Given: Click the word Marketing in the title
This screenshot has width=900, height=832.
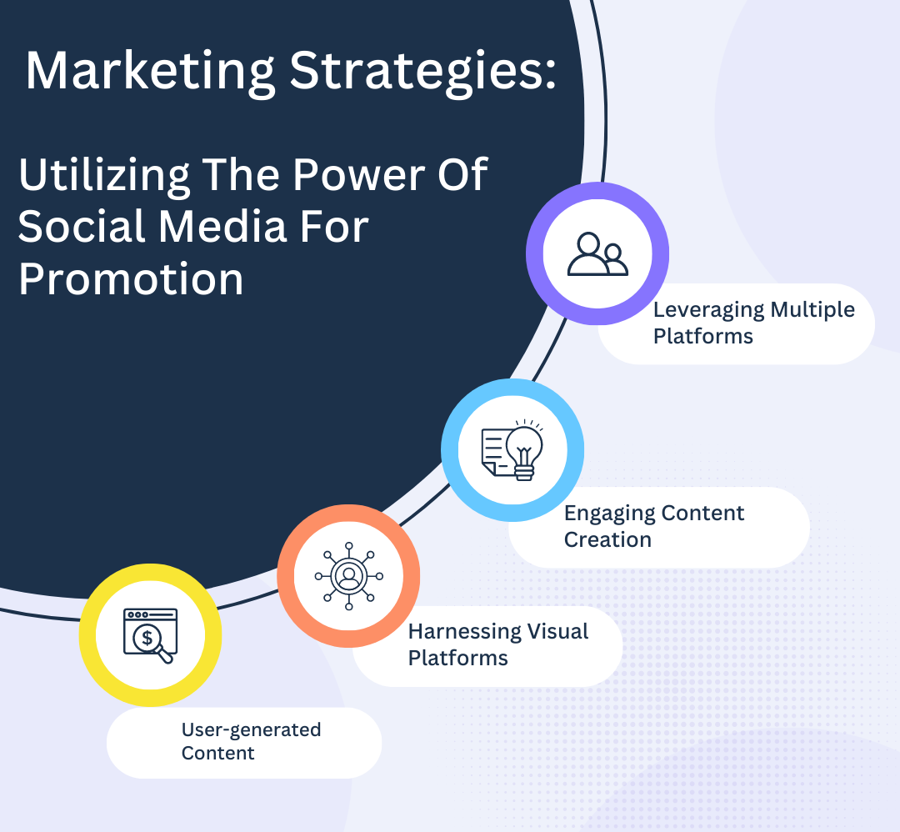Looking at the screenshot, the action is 150,72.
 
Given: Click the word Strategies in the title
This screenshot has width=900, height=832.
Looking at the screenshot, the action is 422,72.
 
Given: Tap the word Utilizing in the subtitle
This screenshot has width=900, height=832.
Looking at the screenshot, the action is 104,176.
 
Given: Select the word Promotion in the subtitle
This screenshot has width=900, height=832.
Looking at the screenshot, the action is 131,279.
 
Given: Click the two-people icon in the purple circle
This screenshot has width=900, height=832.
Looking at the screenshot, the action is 597,253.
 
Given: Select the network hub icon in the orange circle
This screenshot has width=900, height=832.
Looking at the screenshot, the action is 348,576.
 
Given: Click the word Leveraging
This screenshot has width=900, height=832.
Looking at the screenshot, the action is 709,311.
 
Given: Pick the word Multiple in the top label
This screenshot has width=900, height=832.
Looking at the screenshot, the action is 812,309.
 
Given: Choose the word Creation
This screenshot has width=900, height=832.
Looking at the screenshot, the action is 607,539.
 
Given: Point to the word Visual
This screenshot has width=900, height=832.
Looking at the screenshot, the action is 557,631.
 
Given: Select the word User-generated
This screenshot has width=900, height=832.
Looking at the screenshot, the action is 252,730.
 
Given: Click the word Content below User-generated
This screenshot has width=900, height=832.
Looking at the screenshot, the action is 218,753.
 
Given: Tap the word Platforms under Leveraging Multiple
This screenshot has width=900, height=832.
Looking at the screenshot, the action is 703,337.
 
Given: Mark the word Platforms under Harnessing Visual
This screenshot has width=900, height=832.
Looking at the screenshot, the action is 458,658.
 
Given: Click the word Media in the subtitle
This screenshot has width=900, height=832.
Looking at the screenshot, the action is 222,226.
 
